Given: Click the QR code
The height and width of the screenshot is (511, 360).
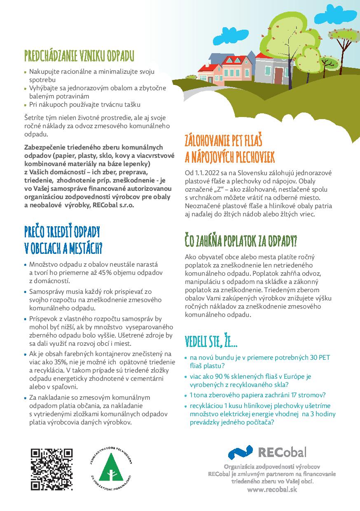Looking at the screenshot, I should click(52, 469).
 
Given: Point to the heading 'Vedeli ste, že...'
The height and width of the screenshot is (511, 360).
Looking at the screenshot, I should click(211, 341).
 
